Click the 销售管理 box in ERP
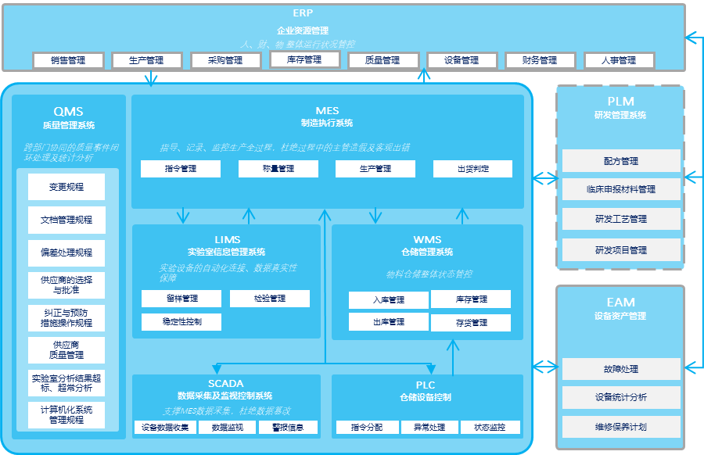pos(69,60)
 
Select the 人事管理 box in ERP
pos(619,60)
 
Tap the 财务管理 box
pos(540,60)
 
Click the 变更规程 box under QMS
pos(66,187)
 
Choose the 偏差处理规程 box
pos(66,253)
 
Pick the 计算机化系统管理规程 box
pos(66,414)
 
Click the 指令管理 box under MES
pos(181,169)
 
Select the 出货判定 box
pos(472,169)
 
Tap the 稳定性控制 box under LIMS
pos(181,322)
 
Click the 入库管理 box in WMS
pos(389,300)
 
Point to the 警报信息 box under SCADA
pos(288,428)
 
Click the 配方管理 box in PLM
pos(621,161)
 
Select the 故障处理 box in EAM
pos(621,369)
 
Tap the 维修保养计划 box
pos(621,427)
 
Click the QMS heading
pos(69,112)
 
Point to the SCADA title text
pos(225,383)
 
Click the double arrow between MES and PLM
pos(544,179)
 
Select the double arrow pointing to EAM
pos(544,366)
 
